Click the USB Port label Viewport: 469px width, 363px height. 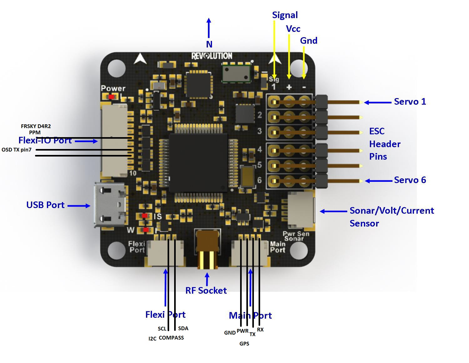coord(45,205)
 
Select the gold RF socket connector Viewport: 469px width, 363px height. coord(207,250)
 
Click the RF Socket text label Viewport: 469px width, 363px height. coord(206,291)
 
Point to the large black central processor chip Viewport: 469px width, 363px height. coord(198,163)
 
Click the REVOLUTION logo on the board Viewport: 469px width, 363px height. coord(212,56)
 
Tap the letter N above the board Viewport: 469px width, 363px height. coord(209,44)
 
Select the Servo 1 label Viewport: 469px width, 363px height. coord(410,102)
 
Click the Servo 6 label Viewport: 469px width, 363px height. coord(410,180)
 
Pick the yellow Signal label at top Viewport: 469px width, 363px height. coord(285,15)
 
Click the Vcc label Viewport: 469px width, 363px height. coord(293,29)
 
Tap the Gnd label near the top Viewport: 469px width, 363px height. coord(309,41)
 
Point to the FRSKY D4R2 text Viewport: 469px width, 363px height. coord(36,126)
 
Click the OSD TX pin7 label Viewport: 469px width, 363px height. coord(17,150)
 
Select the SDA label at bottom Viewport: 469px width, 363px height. coord(183,328)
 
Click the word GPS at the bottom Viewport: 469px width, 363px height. coord(245,344)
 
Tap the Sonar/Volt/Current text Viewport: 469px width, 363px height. coord(392,211)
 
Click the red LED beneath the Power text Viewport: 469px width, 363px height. coord(111,97)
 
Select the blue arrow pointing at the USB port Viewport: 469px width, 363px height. coord(79,206)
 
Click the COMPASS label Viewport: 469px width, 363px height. coord(171,338)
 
